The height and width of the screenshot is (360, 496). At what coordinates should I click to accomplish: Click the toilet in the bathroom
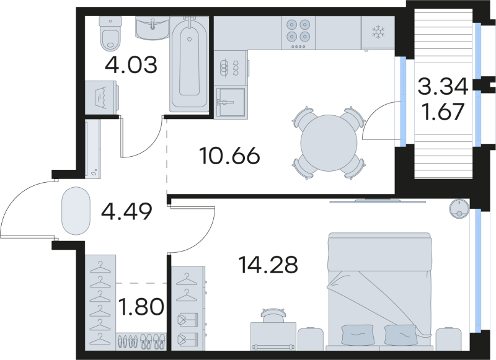click(x=111, y=35)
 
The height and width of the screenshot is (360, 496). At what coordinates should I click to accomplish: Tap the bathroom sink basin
click(x=153, y=28)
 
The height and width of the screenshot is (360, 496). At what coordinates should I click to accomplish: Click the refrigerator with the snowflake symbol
click(x=378, y=32)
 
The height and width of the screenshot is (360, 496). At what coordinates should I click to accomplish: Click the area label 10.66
click(x=230, y=156)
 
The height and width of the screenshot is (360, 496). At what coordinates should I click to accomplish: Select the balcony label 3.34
click(x=442, y=87)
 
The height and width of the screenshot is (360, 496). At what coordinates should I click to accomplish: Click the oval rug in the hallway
click(x=76, y=211)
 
